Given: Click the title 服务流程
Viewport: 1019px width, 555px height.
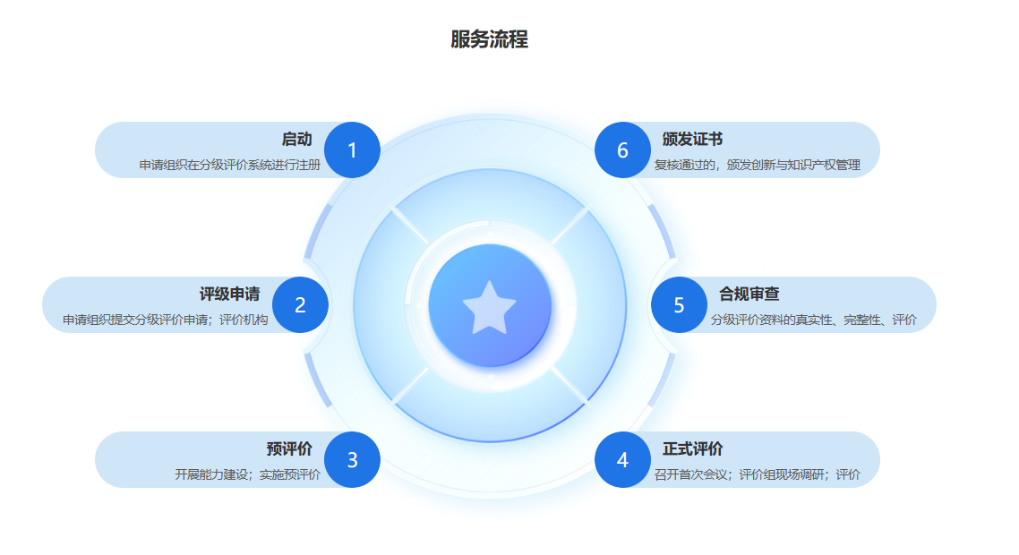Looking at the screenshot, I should coord(489,39).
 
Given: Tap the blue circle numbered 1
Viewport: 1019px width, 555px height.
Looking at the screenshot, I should coord(352,150).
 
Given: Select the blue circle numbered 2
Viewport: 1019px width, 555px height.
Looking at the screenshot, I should coord(300,305).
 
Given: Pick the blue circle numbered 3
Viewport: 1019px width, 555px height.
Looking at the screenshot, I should coord(352,460).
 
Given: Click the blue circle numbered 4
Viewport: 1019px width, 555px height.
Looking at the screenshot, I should coord(622,460).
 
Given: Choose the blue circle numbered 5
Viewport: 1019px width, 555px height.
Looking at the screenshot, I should coord(679,305).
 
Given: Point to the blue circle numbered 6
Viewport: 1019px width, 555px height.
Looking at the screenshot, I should coord(622,150).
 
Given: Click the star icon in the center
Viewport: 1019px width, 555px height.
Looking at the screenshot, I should coord(489,306).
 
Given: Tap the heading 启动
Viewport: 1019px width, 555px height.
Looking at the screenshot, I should coord(296,139).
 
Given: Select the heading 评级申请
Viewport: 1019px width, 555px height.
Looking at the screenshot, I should coord(229,294).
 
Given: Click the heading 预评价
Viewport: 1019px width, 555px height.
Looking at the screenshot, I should coord(288,448).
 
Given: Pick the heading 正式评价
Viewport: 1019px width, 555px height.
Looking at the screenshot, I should coord(692,448).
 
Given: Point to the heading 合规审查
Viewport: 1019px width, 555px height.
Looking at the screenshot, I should coord(749,294).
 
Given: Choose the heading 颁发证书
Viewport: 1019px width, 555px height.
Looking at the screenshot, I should coord(692,139).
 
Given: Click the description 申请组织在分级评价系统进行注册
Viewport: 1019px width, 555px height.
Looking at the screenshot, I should coord(229,165).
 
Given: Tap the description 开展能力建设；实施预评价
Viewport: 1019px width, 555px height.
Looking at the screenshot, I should coord(247,474).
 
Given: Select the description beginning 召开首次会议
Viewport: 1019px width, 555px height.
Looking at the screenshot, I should coord(757,474).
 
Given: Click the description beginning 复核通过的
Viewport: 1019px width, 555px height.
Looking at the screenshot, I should coord(757,165).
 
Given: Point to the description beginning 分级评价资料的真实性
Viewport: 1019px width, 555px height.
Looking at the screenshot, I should coord(813,320).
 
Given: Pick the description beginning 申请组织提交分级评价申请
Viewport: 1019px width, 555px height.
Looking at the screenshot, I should coord(165,320).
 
